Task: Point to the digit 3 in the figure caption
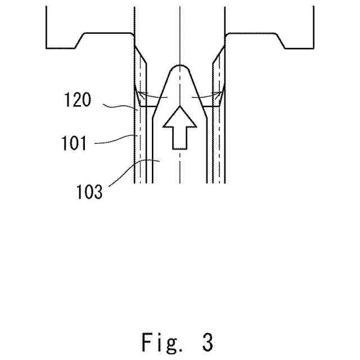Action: (x=207, y=342)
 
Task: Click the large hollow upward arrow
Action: (x=179, y=127)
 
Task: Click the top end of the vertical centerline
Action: (x=179, y=7)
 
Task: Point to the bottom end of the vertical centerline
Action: (x=179, y=183)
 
